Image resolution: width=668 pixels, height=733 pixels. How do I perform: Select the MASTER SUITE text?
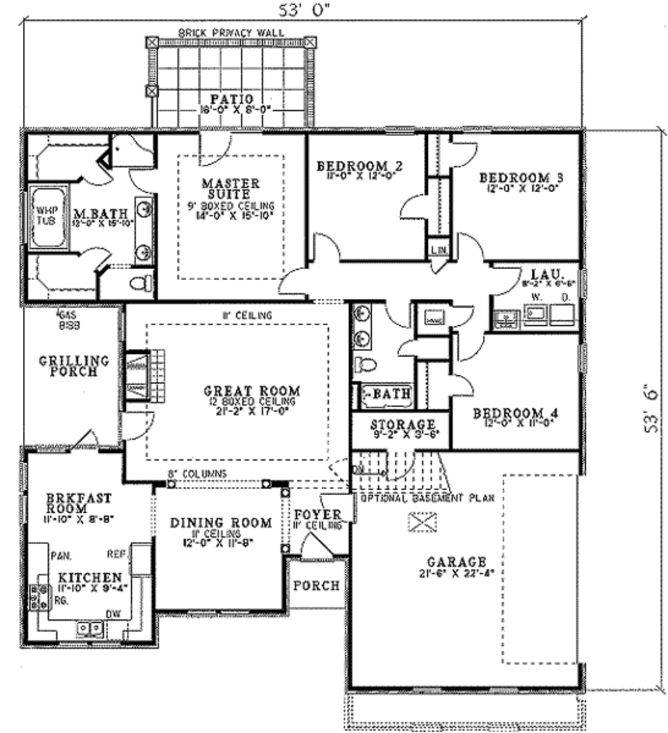(230, 188)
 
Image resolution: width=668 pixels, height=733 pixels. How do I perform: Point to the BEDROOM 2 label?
(359, 166)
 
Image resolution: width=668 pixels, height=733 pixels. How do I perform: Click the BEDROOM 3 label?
(521, 177)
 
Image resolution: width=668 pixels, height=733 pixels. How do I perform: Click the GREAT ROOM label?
(252, 391)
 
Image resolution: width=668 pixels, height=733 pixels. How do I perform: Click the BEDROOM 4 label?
(517, 413)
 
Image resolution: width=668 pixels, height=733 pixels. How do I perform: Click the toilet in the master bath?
(141, 283)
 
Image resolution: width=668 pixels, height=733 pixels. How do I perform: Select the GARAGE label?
(457, 561)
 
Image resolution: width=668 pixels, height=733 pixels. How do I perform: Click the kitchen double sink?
(89, 628)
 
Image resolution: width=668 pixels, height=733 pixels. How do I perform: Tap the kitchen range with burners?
(35, 596)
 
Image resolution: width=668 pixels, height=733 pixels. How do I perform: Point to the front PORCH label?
(316, 585)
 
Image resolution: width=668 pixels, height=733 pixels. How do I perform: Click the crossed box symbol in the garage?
(422, 521)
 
